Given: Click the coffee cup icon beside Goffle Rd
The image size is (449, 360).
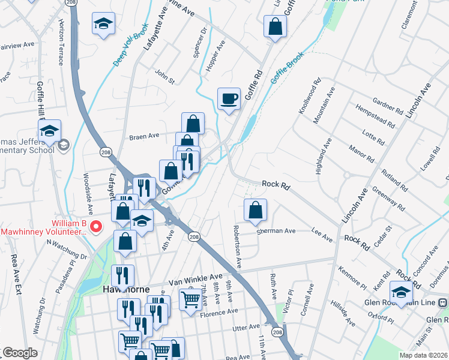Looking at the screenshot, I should pyautogui.click(x=229, y=98).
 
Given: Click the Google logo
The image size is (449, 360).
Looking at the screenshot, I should pyautogui.click(x=20, y=353).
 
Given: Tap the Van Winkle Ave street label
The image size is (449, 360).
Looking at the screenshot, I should pyautogui.click(x=195, y=279).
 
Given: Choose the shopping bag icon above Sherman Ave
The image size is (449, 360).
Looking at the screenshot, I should pyautogui.click(x=255, y=210).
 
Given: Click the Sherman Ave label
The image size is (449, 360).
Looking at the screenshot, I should pyautogui.click(x=277, y=230).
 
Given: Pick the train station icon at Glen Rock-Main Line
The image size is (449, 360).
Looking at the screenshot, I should pyautogui.click(x=442, y=302).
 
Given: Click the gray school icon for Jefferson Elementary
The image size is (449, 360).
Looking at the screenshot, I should pyautogui.click(x=63, y=145).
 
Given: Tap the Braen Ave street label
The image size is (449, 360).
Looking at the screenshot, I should pyautogui.click(x=144, y=136).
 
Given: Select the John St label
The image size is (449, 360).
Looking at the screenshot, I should pyautogui.click(x=164, y=76).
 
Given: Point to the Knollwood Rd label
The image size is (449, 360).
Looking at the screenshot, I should pyautogui.click(x=307, y=96).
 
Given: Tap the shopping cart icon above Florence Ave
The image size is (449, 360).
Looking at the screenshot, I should pyautogui.click(x=190, y=298).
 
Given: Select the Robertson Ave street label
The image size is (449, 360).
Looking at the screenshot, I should pyautogui.click(x=238, y=247).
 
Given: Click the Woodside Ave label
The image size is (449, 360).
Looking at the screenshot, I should pyautogui.click(x=88, y=194).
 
